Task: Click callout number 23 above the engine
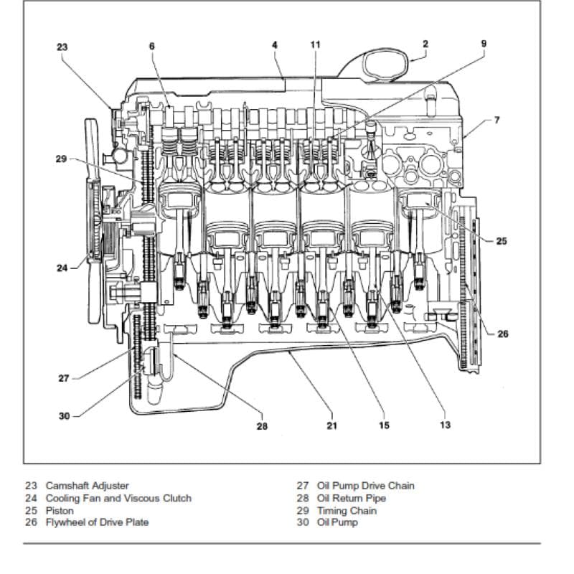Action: (x=62, y=47)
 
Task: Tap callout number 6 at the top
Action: (x=152, y=46)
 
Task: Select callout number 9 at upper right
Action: (x=484, y=44)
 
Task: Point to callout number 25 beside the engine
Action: (x=502, y=241)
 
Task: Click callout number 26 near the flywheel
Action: (x=503, y=334)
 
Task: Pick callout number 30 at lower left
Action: (x=64, y=416)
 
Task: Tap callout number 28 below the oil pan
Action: (x=262, y=426)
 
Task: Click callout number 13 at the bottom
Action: (x=445, y=425)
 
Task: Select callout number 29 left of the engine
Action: (x=61, y=159)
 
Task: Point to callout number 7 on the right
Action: (x=497, y=120)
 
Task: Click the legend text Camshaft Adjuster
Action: (x=87, y=486)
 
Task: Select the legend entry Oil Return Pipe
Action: (x=352, y=498)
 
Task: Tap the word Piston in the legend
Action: (x=60, y=511)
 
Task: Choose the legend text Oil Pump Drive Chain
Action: (x=366, y=486)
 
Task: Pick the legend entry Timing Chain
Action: (x=347, y=511)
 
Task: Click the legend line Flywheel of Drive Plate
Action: (x=97, y=522)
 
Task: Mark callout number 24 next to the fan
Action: (x=62, y=268)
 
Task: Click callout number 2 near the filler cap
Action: (x=425, y=44)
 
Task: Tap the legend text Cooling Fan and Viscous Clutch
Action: (x=118, y=498)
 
